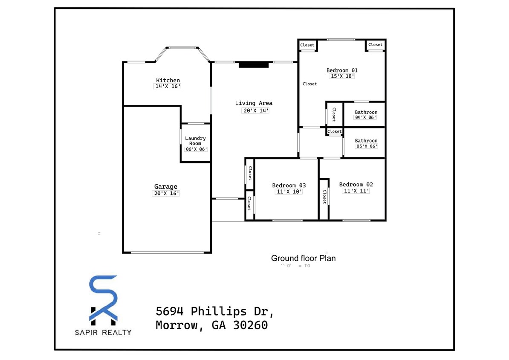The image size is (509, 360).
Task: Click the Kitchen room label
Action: coord(168,80)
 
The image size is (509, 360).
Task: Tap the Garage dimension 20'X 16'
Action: coord(166,193)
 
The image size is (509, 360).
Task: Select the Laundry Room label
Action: coord(195,141)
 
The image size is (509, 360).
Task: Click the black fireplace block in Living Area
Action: coord(254,65)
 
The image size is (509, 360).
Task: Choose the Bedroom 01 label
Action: coord(342,70)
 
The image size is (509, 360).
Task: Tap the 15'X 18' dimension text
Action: coord(342,76)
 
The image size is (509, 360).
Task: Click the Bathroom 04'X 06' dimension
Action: coord(366,117)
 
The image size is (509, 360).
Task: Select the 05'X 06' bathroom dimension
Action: coord(366,146)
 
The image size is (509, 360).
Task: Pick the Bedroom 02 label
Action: coord(356,184)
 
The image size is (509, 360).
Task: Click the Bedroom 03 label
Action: coord(289,185)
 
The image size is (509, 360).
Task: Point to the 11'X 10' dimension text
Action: coord(289,192)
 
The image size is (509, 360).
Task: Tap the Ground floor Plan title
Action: coord(303,258)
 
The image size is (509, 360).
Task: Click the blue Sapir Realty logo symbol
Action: coord(104,298)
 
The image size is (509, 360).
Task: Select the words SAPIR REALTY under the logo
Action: coord(104,332)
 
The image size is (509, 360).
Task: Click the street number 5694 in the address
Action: coord(170,311)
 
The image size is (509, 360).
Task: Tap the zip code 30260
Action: coord(250,325)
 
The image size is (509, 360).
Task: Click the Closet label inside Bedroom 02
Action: coord(324,197)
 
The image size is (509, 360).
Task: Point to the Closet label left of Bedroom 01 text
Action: coord(309,84)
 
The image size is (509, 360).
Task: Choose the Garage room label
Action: coord(166,186)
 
